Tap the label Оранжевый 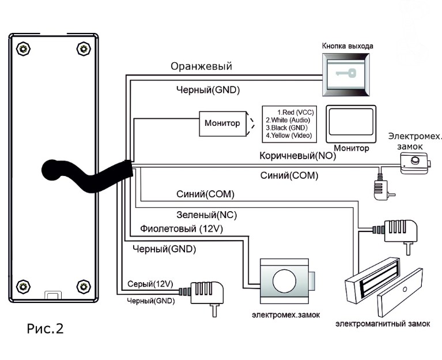coord(201,66)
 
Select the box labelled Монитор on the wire coord(222,124)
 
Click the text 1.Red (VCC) coord(296,112)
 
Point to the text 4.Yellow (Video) coord(289,136)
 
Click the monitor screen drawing coord(351,124)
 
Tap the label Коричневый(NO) coord(298,156)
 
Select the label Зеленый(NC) coord(207,215)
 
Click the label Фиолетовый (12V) coord(182,228)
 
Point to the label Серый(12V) coord(150,284)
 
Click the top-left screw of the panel coord(23,49)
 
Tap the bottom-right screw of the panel coord(84,287)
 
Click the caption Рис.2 coord(45,328)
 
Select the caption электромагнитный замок coord(383,324)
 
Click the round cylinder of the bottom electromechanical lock coord(284,281)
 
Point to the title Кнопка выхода coord(347,46)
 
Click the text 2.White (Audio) coord(288,120)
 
